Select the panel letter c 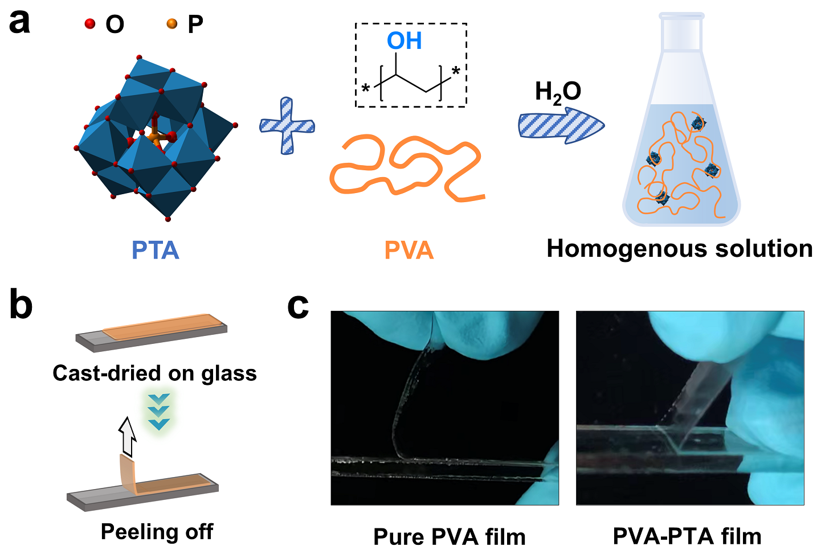coord(298,306)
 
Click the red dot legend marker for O coord(89,23)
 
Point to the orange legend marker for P coord(171,23)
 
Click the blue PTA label coord(155,251)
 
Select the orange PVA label coord(409,251)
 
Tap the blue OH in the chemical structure coord(404,41)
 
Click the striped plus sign coord(287,126)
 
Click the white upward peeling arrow coord(128,436)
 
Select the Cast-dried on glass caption coord(154,373)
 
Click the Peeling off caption coord(157,531)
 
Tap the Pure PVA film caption coord(449,536)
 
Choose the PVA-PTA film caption coord(687,536)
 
